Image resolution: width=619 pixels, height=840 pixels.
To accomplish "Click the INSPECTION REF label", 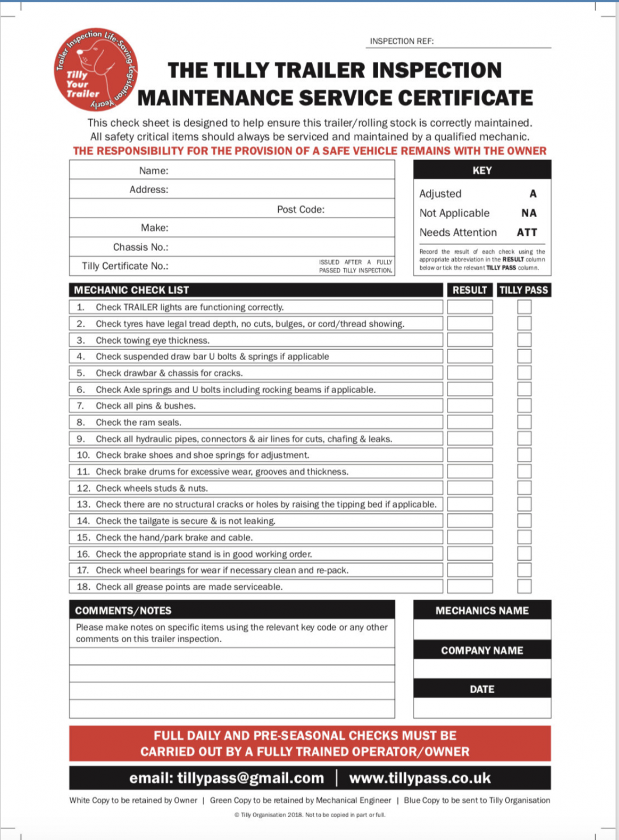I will click(x=401, y=41).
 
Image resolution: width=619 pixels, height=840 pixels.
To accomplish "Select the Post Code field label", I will click(x=300, y=209).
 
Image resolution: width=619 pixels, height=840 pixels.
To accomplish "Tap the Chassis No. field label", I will click(x=141, y=247).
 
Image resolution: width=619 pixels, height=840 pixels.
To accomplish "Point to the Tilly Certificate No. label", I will click(x=125, y=266).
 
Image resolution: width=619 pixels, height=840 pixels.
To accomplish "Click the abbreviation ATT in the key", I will click(x=527, y=232).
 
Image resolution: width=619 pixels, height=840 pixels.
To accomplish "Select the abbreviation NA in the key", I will click(x=529, y=213).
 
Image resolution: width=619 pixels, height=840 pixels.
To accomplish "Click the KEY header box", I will click(x=482, y=170).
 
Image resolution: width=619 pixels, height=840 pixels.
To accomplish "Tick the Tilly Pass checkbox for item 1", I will click(x=524, y=307).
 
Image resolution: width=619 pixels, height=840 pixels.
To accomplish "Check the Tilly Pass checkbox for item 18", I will click(x=524, y=586).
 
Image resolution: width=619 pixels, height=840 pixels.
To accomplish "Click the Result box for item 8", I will click(x=470, y=422).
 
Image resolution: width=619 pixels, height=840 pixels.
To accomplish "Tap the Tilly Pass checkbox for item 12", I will click(x=524, y=488).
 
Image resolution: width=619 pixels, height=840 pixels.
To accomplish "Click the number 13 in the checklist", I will click(x=83, y=505).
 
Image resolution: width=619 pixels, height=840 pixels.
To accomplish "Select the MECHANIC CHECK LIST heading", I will click(x=131, y=290).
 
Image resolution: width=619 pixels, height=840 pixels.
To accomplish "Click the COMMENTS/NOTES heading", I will click(x=123, y=611).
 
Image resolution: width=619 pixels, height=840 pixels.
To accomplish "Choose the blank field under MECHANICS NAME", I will click(x=482, y=629).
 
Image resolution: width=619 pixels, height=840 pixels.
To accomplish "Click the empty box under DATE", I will click(x=482, y=708).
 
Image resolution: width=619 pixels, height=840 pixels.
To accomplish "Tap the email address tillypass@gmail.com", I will click(x=226, y=778).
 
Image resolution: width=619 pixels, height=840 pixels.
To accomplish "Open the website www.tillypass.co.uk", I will click(x=419, y=778).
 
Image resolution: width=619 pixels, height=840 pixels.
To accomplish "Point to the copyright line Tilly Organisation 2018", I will click(x=309, y=815).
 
